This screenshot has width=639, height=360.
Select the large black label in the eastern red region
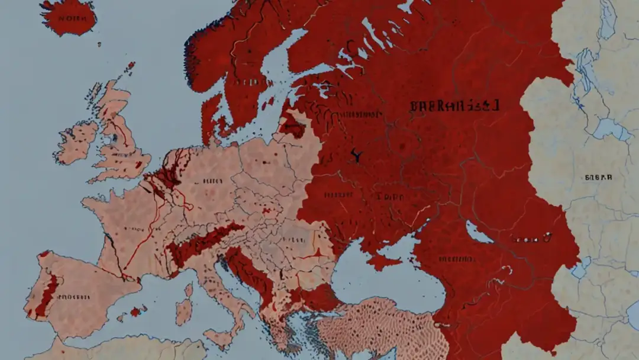point(454,106)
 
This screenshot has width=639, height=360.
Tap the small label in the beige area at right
point(598,177)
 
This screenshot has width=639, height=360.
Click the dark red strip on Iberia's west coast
point(47,294)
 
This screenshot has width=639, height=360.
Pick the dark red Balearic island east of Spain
point(137,311)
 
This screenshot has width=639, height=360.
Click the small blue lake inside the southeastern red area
point(479,233)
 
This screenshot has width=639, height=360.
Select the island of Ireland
point(77,142)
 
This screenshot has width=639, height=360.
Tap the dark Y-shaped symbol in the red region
point(356,156)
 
